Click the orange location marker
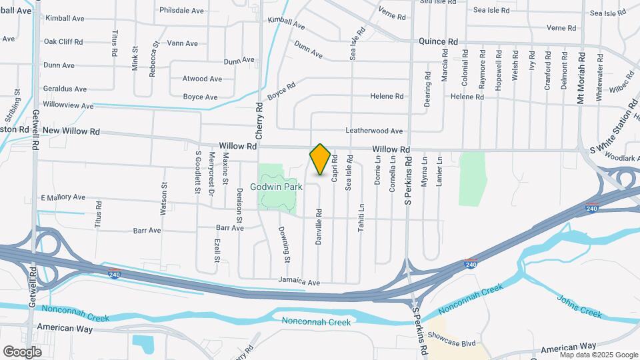tap(320, 159)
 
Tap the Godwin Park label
tap(276, 187)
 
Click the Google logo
tap(22, 351)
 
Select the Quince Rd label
tap(438, 41)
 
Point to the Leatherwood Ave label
tap(374, 131)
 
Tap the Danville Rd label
tap(319, 225)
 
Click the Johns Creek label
tap(579, 306)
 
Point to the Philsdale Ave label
tap(181, 11)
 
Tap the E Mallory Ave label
tap(63, 197)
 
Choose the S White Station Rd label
tap(613, 133)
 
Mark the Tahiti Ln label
tap(361, 216)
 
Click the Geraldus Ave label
tap(65, 89)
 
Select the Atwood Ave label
tap(202, 79)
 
